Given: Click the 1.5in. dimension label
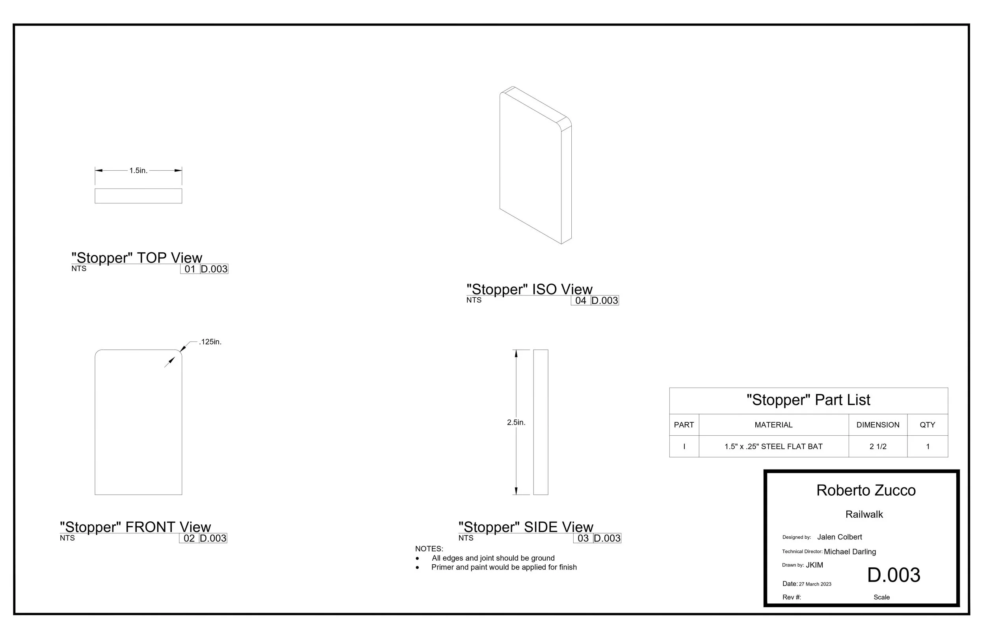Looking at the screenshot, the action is pyautogui.click(x=138, y=171).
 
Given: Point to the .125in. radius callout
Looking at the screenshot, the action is pyautogui.click(x=210, y=342).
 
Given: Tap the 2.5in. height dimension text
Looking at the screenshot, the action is pyautogui.click(x=516, y=423).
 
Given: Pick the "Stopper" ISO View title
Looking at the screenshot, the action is pyautogui.click(x=529, y=289).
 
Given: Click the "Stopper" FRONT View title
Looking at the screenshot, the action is pyautogui.click(x=135, y=527).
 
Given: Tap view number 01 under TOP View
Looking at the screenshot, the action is pyautogui.click(x=190, y=269).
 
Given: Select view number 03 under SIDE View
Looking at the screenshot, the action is pyautogui.click(x=583, y=538).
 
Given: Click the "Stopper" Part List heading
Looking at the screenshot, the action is pyautogui.click(x=808, y=400).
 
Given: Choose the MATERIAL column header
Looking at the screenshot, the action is pyautogui.click(x=773, y=425).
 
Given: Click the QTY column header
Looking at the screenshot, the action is pyautogui.click(x=927, y=425).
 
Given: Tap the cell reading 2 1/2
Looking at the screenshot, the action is pyautogui.click(x=878, y=447).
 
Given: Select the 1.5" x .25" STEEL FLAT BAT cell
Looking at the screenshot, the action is pyautogui.click(x=773, y=447).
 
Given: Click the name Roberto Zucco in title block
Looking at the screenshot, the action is pyautogui.click(x=866, y=491).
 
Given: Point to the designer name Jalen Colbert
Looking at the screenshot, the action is pyautogui.click(x=839, y=537).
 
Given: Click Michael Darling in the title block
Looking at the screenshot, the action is pyautogui.click(x=850, y=552).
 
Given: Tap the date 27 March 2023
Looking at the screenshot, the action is pyautogui.click(x=815, y=584).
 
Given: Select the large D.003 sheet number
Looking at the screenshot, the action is pyautogui.click(x=894, y=575).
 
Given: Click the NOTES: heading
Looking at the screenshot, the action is pyautogui.click(x=429, y=549).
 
